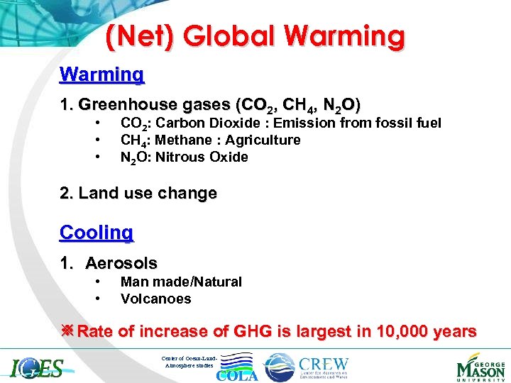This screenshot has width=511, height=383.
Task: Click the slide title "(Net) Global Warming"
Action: (x=255, y=36)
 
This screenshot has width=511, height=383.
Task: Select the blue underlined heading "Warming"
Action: (x=102, y=74)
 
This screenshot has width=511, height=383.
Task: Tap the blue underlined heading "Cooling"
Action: (x=97, y=232)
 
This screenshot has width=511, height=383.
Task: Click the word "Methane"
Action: (x=182, y=140)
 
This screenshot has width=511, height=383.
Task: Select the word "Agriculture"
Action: (x=263, y=140)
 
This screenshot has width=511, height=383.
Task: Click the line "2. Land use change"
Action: (x=138, y=193)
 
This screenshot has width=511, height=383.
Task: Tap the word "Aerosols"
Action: (x=121, y=263)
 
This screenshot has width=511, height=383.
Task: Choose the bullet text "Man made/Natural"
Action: (x=181, y=282)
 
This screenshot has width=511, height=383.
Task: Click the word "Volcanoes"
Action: (x=155, y=299)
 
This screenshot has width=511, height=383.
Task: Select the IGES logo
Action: (x=37, y=368)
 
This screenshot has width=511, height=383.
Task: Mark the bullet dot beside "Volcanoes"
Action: (x=96, y=299)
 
